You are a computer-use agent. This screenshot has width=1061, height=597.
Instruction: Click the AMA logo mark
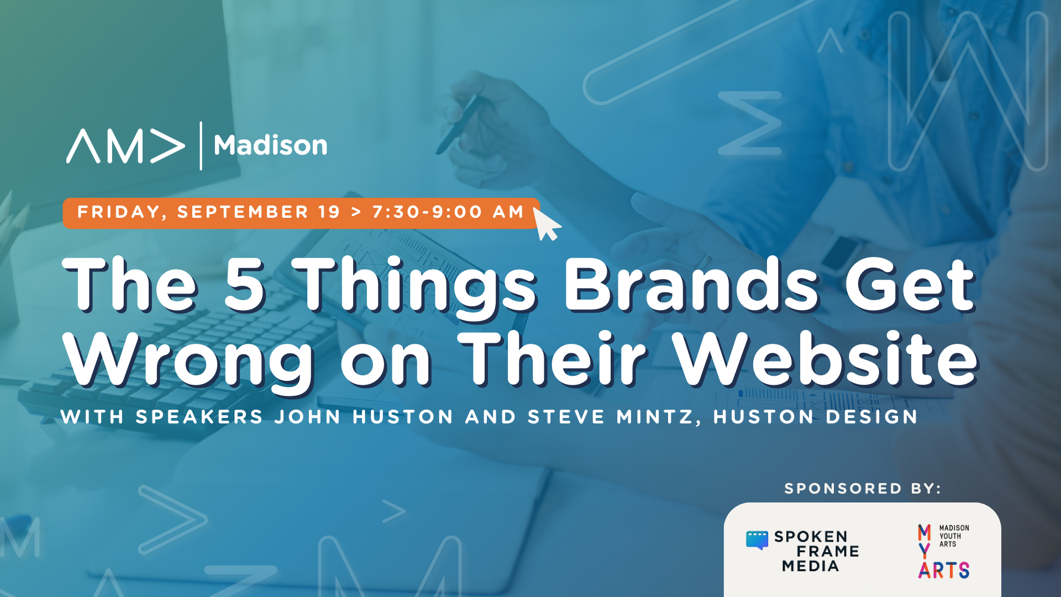(x=125, y=146)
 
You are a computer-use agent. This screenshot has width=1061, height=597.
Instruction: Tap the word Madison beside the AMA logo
(x=271, y=145)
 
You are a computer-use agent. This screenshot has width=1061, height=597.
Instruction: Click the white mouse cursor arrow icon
(x=547, y=223)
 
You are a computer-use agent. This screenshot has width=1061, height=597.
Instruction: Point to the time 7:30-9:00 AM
(x=448, y=212)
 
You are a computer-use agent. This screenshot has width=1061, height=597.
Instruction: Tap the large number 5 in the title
(x=245, y=284)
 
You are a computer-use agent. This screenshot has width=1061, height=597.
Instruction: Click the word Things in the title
(x=415, y=287)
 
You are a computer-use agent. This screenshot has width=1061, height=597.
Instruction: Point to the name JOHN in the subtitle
(x=307, y=417)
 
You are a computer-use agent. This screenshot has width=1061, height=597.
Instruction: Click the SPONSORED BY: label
(x=863, y=489)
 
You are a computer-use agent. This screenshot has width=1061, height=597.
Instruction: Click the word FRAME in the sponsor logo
(x=828, y=551)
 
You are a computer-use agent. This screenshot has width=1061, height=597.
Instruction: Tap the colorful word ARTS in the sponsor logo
(x=944, y=570)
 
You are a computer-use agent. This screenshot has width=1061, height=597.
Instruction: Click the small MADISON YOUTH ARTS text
(x=954, y=536)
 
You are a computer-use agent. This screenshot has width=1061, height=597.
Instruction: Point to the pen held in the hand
(x=458, y=124)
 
